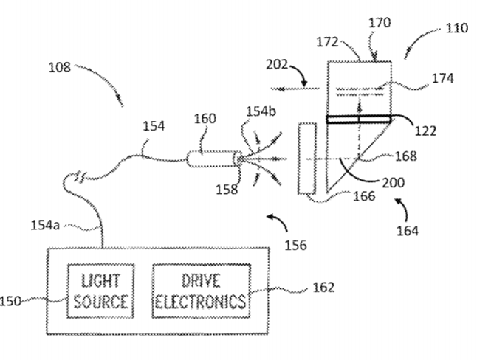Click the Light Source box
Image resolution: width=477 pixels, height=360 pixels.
click(x=100, y=291)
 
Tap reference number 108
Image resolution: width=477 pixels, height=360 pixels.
click(x=58, y=67)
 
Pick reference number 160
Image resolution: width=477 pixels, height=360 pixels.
click(x=205, y=118)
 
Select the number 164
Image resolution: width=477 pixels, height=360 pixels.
click(x=405, y=230)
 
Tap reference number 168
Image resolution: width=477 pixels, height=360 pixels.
click(x=426, y=156)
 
